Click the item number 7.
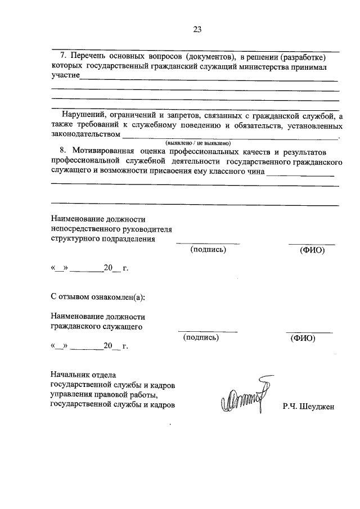point(62,57)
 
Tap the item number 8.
point(62,152)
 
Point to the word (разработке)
point(303,57)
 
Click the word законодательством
point(85,134)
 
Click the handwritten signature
point(246,397)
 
